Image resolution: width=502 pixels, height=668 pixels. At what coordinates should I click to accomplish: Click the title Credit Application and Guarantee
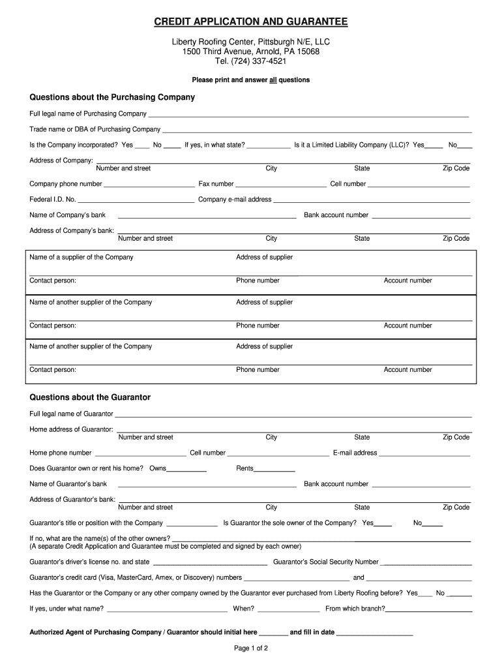point(251,23)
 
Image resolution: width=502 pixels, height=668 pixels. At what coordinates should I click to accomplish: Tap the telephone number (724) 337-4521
point(251,61)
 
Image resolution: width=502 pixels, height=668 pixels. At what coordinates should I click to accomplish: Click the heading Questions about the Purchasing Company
point(112,97)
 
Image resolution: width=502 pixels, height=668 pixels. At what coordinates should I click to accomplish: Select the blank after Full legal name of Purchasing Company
point(308,115)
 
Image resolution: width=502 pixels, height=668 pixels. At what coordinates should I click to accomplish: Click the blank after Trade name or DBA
point(316,130)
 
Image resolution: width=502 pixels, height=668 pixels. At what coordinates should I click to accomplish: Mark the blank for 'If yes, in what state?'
point(269,146)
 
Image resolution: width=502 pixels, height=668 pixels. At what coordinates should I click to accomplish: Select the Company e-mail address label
point(235,200)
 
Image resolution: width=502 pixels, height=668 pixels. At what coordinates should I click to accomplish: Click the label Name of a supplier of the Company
point(81,257)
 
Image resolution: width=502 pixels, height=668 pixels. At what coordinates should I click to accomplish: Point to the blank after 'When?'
point(288,610)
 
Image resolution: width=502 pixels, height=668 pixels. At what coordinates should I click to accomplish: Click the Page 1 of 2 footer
point(251,648)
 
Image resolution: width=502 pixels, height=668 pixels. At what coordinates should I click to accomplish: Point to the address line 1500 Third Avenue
point(251,52)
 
